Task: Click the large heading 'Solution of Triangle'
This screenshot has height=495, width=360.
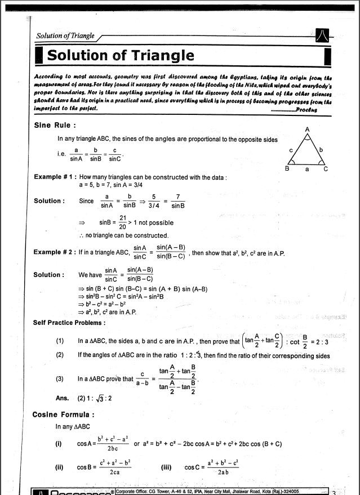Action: (x=121, y=56)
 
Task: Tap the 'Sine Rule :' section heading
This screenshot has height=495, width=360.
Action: (x=55, y=125)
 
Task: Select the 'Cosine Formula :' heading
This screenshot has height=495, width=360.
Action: (x=63, y=414)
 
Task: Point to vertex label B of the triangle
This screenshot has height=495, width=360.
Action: (x=287, y=168)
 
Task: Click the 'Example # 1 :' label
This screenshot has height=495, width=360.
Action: (x=55, y=177)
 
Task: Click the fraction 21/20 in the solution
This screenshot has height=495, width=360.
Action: (x=122, y=221)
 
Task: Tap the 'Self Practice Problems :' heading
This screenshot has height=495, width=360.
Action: (x=69, y=323)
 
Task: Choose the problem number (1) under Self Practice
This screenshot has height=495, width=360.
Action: (x=60, y=341)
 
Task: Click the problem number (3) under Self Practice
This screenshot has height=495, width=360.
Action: (x=60, y=379)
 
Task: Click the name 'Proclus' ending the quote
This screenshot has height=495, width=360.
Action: (x=308, y=110)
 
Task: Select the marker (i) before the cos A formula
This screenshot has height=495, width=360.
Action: (x=58, y=444)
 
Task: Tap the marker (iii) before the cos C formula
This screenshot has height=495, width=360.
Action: (x=166, y=467)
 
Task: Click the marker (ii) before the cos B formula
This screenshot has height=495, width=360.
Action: (x=59, y=467)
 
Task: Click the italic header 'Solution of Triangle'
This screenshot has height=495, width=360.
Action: (x=65, y=36)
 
